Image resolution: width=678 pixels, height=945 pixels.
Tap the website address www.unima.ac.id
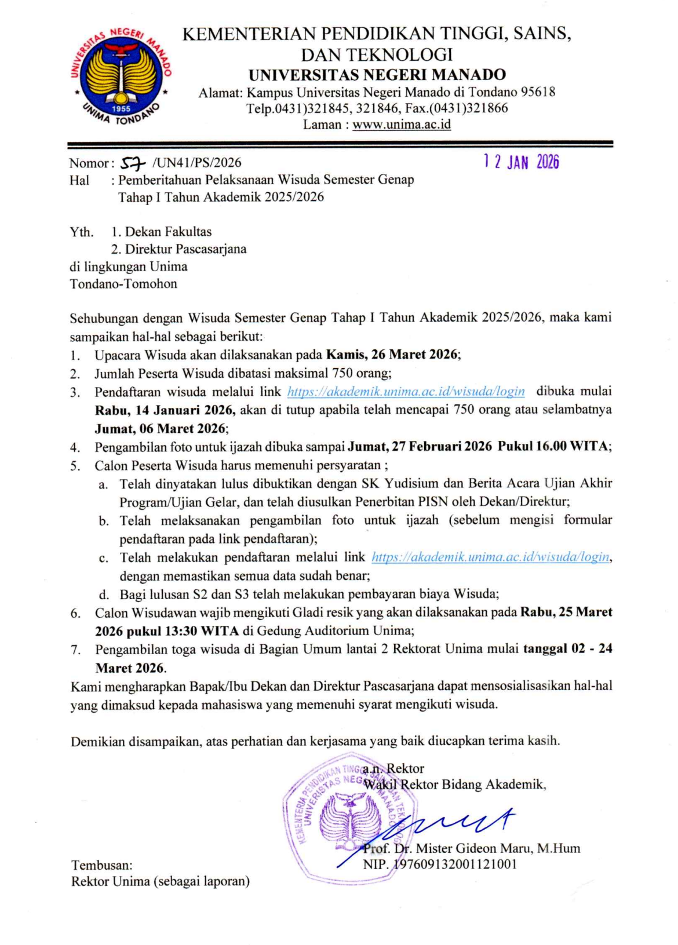click(402, 125)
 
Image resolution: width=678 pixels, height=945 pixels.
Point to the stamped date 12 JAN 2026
click(521, 162)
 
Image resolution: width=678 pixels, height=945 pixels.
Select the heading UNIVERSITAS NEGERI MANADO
click(377, 75)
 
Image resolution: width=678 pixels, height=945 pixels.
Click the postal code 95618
click(538, 92)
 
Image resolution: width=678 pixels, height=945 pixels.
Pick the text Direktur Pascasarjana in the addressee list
click(185, 249)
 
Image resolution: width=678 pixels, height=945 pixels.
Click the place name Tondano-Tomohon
click(123, 284)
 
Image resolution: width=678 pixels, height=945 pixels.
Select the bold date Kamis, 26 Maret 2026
click(392, 355)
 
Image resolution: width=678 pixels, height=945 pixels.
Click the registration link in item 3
click(406, 392)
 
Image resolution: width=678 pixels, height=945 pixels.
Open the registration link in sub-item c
click(490, 557)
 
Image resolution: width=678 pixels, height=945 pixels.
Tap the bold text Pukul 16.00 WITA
click(553, 447)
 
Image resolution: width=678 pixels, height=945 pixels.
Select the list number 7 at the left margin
click(75, 650)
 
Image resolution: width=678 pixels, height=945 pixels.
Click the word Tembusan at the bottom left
click(101, 866)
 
